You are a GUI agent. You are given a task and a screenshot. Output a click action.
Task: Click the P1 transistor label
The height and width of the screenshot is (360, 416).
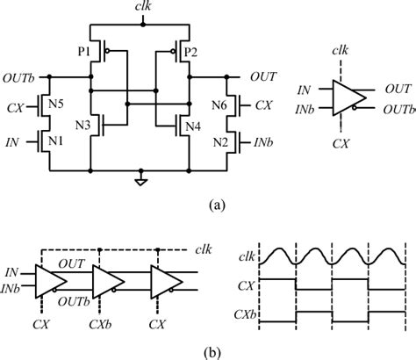coord(85,52)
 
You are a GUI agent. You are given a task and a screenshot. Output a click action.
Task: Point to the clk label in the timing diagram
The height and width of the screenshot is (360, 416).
coord(252,256)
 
